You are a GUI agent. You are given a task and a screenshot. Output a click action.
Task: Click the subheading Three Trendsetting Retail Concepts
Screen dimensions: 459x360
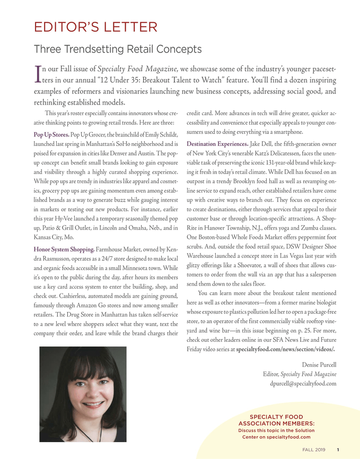(118, 49)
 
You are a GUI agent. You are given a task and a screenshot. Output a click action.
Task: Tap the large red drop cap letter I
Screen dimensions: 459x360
(37, 74)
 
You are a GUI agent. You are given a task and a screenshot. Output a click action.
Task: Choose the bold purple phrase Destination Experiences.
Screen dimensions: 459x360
(217, 144)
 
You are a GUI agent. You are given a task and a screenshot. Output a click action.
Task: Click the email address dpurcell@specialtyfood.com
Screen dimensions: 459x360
(303, 383)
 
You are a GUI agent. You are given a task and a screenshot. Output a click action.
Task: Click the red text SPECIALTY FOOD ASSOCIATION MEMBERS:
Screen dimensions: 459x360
(278, 420)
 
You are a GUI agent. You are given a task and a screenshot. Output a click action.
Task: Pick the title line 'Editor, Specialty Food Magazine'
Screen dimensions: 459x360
(300, 374)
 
